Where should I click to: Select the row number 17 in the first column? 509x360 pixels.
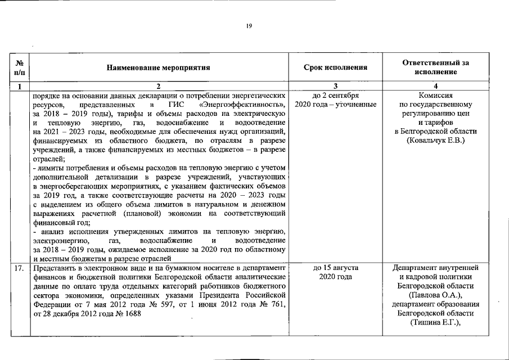point(20,268)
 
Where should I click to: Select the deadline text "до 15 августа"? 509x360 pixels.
point(335,268)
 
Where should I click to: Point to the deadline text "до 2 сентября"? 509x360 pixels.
point(335,96)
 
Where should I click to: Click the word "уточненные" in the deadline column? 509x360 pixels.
point(355,105)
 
